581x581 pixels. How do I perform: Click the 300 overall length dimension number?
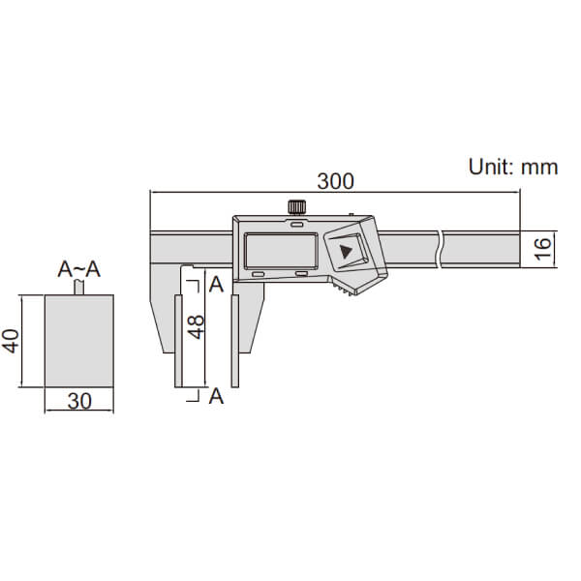[x=335, y=180]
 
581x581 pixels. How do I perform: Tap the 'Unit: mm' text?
[x=513, y=167]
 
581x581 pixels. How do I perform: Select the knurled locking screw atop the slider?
[x=296, y=206]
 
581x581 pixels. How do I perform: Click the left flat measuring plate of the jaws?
[x=177, y=341]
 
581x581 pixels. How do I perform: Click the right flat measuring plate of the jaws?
[x=234, y=341]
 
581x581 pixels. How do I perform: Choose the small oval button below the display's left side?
[x=259, y=275]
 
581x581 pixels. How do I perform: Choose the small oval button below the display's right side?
[x=302, y=275]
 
